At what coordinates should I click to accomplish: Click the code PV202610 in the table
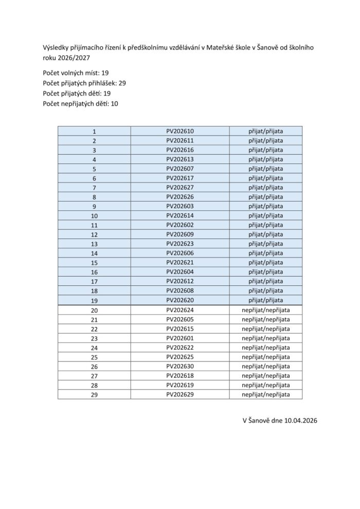pos(180,131)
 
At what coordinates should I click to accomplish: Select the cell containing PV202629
pos(180,394)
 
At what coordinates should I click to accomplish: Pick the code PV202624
pos(180,310)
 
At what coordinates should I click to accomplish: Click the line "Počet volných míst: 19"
pos(76,73)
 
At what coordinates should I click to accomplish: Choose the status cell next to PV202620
pos(266,300)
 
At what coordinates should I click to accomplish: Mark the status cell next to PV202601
pos(266,338)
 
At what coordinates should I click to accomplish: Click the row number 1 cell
pos(94,132)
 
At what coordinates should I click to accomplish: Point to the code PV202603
pos(180,206)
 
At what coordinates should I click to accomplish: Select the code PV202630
pos(180,366)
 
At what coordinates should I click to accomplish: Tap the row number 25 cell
pos(94,357)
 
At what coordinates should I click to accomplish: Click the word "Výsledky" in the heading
pos(56,48)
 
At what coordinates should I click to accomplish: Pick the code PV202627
pos(180,187)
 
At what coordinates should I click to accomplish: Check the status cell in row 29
pos(266,394)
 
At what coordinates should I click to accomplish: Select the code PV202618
pos(180,376)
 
